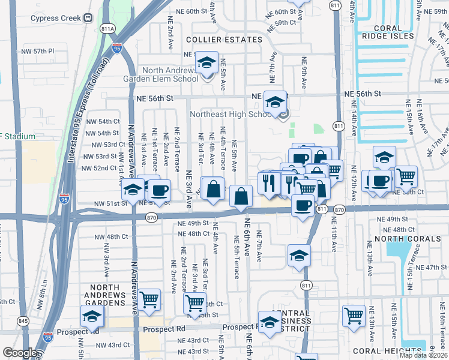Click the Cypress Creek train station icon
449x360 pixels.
click(88, 18)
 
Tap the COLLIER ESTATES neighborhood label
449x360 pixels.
click(224, 40)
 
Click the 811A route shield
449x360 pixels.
click(109, 28)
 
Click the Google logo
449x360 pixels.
click(19, 353)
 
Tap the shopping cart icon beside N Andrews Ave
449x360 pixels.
click(149, 299)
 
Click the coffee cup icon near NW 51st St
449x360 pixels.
click(159, 190)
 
